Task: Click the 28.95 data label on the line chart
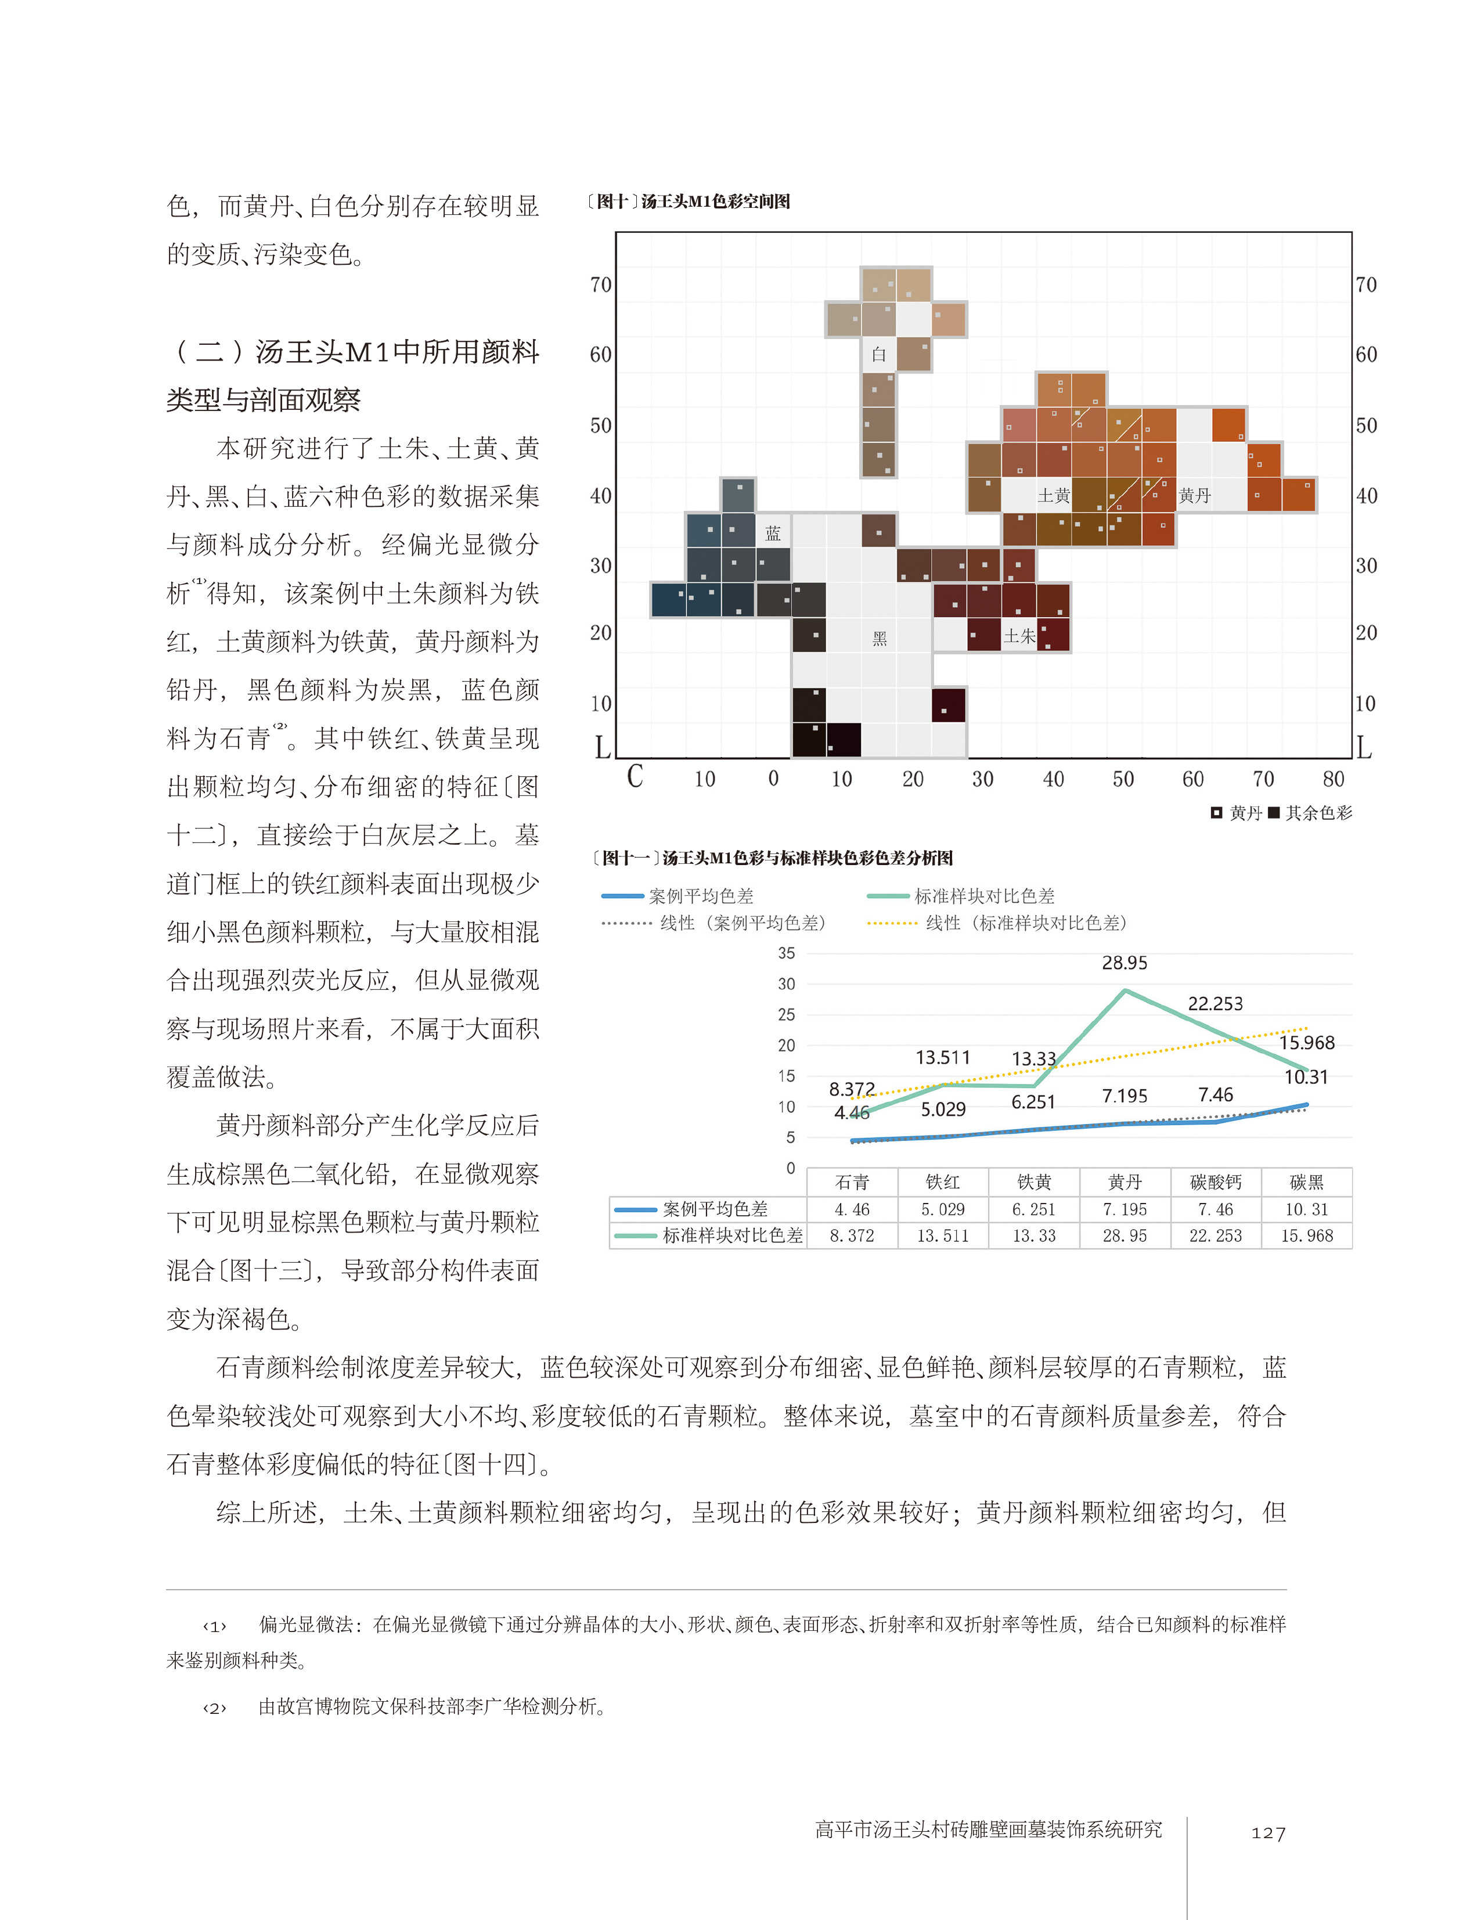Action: point(1124,963)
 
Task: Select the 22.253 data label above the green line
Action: point(1214,1003)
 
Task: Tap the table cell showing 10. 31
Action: point(1306,1209)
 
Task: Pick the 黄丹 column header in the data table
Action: point(1124,1182)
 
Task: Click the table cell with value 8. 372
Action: point(851,1235)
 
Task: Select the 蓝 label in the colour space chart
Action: point(772,532)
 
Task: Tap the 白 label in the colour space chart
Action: point(878,355)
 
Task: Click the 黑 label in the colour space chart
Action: point(879,639)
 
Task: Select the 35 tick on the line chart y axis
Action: point(786,953)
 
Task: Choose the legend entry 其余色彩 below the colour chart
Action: point(1318,813)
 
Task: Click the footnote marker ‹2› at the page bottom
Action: point(214,1708)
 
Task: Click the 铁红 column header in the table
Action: point(942,1182)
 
